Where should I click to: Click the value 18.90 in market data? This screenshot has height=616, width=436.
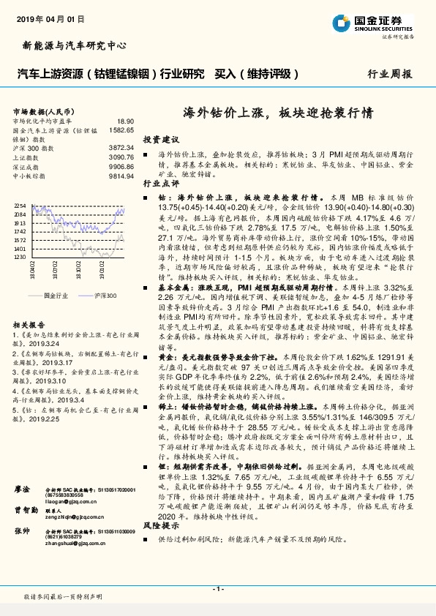[126, 120]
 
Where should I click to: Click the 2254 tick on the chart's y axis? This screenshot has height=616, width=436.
[20, 206]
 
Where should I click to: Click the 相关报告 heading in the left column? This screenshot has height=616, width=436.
[29, 323]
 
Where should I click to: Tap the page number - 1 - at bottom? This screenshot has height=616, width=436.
[217, 588]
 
